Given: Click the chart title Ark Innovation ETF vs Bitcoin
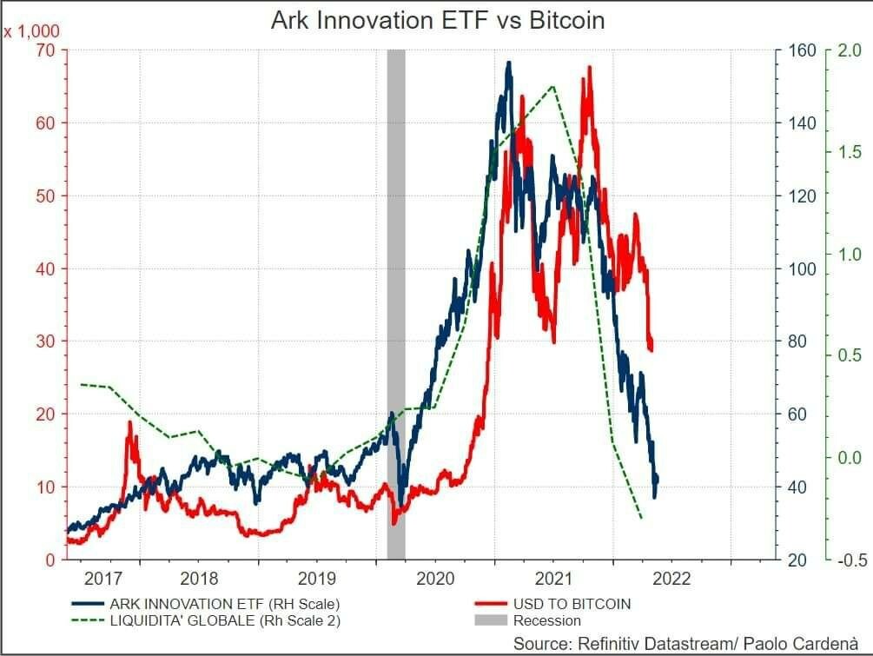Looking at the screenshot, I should point(437,20).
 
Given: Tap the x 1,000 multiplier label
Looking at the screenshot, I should point(30,31).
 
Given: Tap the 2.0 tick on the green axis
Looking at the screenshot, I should point(849,50).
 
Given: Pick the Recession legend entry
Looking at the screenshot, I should point(546,620).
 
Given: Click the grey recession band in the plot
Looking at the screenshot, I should point(395,304).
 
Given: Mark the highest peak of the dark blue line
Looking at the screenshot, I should point(508,63).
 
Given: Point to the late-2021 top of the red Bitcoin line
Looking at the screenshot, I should point(590,67).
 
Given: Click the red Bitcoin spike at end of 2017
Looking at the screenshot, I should point(130,423).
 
